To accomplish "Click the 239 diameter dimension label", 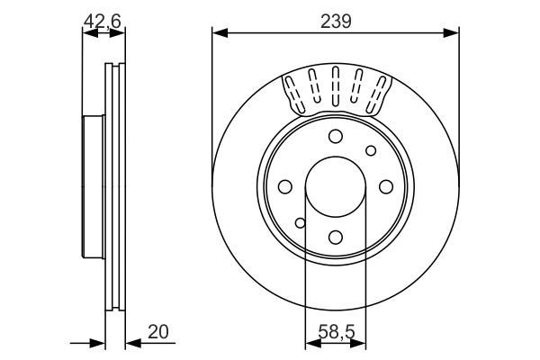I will pos(335,20).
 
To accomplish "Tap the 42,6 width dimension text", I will pos(103,20).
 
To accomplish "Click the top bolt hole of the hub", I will pos(335,136).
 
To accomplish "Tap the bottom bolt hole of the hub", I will pos(335,237).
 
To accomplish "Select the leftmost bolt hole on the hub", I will pos(284,186).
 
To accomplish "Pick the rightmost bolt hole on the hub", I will pos(385,186).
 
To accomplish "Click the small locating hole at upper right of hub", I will pos(369,150).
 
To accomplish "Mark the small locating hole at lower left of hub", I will pos(301,222).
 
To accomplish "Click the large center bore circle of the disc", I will pos(335,186).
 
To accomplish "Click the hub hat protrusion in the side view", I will pos(87,186).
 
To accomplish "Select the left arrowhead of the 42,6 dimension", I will pos(87,34).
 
